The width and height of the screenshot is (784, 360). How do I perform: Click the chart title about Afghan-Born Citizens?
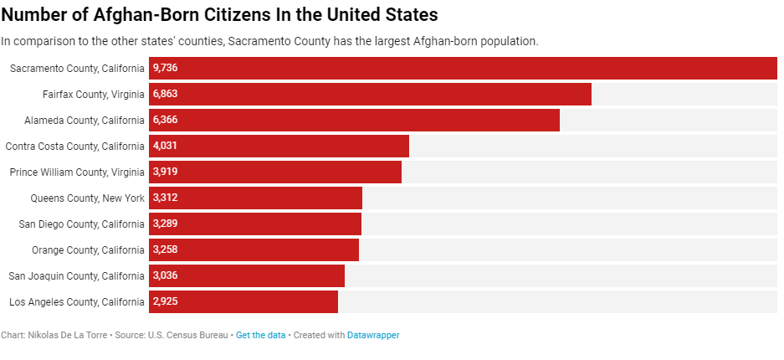[x=219, y=14]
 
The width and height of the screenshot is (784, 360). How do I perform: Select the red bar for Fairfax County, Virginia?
[x=370, y=94]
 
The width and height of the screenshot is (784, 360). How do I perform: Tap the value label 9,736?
[x=166, y=68]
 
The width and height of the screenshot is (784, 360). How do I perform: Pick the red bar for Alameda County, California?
[x=354, y=120]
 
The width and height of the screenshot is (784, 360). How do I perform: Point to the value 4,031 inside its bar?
[x=166, y=146]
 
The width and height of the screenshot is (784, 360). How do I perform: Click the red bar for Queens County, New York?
[x=255, y=198]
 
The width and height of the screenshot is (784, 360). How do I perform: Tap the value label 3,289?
[x=166, y=224]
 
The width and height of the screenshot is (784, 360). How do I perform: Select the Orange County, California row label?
[x=88, y=249]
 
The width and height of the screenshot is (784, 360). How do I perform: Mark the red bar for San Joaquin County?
[x=247, y=275]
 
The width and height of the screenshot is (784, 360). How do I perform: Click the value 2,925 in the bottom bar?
[x=166, y=301]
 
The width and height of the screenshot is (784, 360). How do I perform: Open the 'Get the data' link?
[x=260, y=335]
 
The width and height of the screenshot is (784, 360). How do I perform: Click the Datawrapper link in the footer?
[x=373, y=335]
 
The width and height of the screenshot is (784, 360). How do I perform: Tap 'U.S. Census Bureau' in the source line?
[x=187, y=335]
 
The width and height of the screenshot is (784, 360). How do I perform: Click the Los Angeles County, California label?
[x=77, y=301]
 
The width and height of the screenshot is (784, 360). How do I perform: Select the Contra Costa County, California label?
[x=75, y=146]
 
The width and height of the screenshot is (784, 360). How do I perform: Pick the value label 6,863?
[x=166, y=94]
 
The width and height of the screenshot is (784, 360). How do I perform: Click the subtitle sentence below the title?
[x=269, y=41]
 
